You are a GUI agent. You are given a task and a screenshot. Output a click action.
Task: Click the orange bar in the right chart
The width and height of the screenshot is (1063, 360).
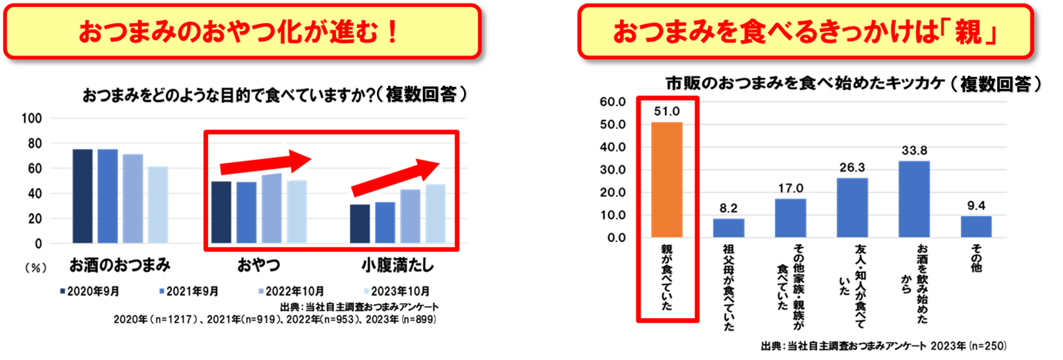[667, 179]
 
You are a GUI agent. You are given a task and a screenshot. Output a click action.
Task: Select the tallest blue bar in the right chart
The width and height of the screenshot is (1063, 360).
[914, 199]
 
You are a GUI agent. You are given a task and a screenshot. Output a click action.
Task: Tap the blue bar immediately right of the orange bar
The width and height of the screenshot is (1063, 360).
[729, 228]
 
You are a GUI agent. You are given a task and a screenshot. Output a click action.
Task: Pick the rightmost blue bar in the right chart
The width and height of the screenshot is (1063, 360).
[976, 227]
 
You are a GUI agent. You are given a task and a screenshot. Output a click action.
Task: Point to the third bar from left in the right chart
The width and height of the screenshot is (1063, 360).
[790, 218]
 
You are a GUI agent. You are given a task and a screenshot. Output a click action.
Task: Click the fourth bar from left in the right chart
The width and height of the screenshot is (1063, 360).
[852, 207]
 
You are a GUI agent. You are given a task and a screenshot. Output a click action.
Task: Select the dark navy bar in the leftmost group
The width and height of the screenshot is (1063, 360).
[83, 196]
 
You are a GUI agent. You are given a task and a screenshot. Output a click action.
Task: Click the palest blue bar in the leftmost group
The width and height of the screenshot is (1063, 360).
[158, 204]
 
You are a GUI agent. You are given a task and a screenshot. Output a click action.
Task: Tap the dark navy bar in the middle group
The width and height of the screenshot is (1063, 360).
[221, 212]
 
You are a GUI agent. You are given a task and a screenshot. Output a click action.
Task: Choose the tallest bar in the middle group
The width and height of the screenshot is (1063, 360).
[272, 208]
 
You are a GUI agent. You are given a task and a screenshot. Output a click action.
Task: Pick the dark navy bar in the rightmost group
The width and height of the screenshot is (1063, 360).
[360, 223]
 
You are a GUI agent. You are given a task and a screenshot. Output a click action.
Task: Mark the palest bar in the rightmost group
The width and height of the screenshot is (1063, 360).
[436, 213]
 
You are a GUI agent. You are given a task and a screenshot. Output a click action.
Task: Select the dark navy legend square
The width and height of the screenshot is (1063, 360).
[63, 291]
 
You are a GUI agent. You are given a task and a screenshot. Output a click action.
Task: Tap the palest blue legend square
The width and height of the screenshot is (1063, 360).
[367, 291]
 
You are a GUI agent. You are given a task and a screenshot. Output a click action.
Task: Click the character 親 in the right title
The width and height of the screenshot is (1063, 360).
[968, 32]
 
